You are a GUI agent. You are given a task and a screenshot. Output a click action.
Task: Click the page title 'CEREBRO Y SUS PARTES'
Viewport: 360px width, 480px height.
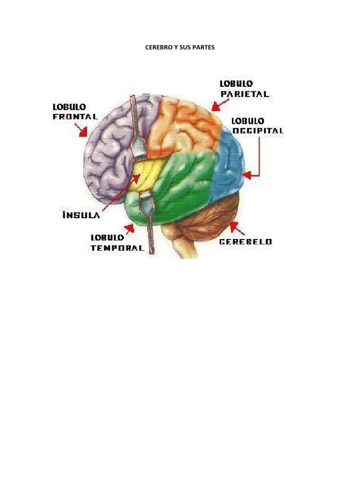point(180,47)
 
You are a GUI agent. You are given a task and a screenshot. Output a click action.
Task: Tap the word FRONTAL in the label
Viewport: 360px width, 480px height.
point(75,117)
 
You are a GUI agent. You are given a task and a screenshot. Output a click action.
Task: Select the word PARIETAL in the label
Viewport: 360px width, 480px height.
point(245,94)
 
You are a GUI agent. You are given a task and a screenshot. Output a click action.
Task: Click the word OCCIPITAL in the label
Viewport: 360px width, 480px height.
point(257,131)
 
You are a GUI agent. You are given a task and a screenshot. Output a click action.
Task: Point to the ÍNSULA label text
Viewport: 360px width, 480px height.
point(81,215)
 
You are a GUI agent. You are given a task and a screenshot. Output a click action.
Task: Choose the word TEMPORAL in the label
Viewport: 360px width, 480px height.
point(117,248)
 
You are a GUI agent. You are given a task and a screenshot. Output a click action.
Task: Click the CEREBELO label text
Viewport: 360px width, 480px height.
point(246,242)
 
